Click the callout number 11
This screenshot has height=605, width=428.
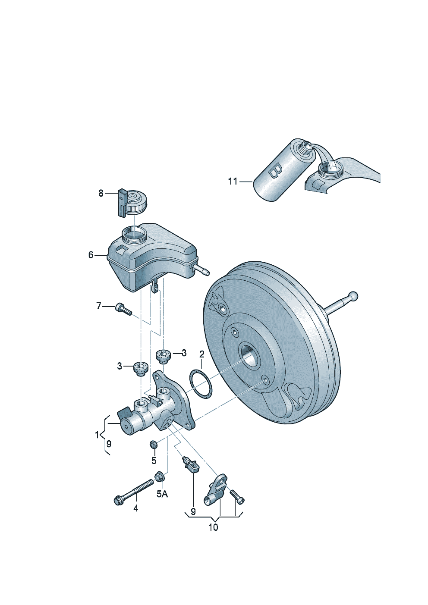(x=233, y=182)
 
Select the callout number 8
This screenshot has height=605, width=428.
(x=101, y=193)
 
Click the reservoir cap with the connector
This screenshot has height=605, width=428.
(x=132, y=203)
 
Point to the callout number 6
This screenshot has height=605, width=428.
(x=91, y=255)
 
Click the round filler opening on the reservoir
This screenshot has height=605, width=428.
(x=134, y=235)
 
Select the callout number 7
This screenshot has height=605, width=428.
(x=99, y=306)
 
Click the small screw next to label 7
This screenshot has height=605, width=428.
(x=123, y=309)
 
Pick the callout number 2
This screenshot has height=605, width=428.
(x=201, y=354)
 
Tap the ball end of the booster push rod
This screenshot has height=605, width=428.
(x=353, y=296)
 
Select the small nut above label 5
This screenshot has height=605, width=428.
(x=153, y=444)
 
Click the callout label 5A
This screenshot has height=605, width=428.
(x=162, y=494)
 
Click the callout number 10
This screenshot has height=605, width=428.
(x=213, y=527)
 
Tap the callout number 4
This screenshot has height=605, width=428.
(x=135, y=509)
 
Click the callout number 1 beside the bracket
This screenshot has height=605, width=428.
(x=97, y=435)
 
